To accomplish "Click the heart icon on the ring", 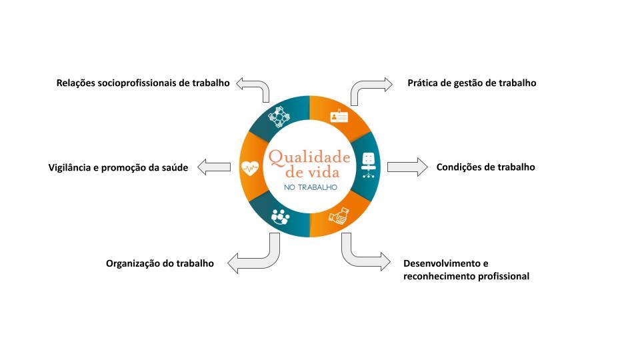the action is click(250, 168).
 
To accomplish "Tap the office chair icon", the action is click(368, 165).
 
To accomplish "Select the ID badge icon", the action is click(339, 116).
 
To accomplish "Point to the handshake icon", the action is click(339, 216).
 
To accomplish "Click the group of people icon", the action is click(280, 217).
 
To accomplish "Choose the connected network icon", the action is click(279, 116).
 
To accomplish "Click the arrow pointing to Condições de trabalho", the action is click(407, 167).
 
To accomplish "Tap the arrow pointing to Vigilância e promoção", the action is click(214, 167).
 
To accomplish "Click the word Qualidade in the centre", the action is click(309, 157).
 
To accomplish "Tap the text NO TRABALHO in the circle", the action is click(311, 187).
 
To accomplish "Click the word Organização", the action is click(131, 264).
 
